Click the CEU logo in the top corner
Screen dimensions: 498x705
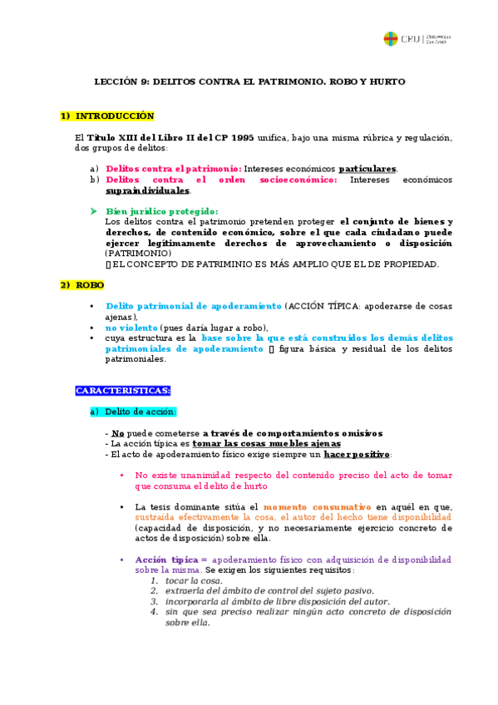click(390, 38)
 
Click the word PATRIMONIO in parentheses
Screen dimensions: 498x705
click(138, 254)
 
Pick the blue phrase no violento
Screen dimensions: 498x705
click(131, 328)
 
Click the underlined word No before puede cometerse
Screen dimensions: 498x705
click(118, 433)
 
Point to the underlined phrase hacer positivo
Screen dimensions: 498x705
click(357, 455)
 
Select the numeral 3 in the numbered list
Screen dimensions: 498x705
click(154, 601)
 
